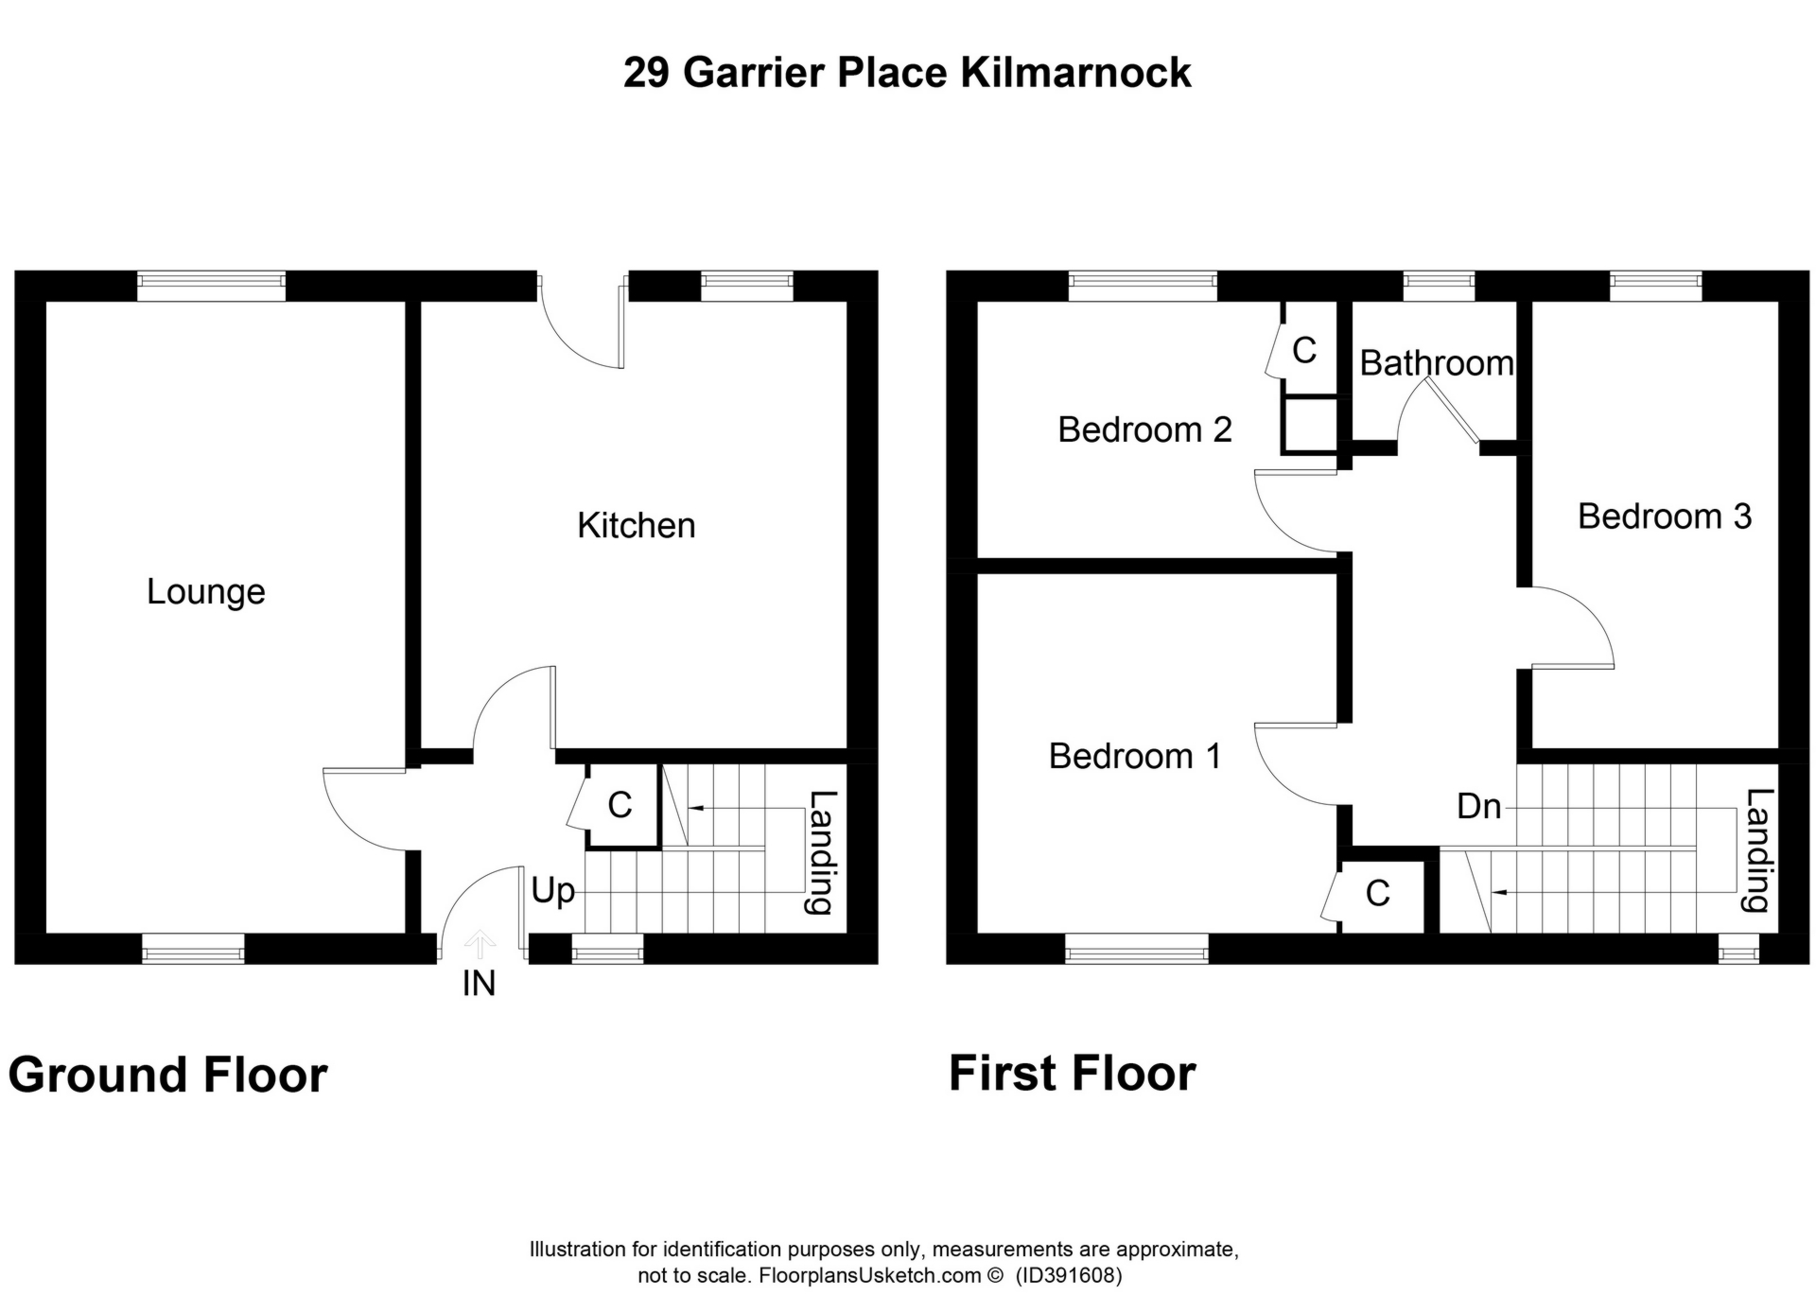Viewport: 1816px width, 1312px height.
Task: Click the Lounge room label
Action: pyautogui.click(x=205, y=592)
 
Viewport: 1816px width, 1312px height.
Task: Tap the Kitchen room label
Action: pyautogui.click(x=636, y=525)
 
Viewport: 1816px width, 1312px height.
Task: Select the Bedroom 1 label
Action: pyautogui.click(x=1134, y=756)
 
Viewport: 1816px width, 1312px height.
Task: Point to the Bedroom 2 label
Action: pyautogui.click(x=1144, y=429)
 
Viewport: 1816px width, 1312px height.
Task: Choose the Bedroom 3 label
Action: pyautogui.click(x=1665, y=516)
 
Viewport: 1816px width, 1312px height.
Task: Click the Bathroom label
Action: pyautogui.click(x=1437, y=363)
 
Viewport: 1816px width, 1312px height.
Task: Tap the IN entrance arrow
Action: pyautogui.click(x=480, y=943)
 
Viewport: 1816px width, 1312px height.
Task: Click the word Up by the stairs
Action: pyautogui.click(x=553, y=892)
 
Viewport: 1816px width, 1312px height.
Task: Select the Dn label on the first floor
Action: pyautogui.click(x=1479, y=806)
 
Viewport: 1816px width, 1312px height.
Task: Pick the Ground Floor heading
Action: pyautogui.click(x=167, y=1075)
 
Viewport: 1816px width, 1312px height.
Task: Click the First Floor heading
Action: pyautogui.click(x=1072, y=1074)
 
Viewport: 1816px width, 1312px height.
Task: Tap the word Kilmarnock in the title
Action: pyautogui.click(x=1076, y=73)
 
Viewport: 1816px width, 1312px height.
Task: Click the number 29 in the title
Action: pyautogui.click(x=647, y=73)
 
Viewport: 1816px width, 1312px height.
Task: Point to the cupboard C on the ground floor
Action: pyautogui.click(x=620, y=805)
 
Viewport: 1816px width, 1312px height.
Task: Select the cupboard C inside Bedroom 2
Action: pyautogui.click(x=1304, y=351)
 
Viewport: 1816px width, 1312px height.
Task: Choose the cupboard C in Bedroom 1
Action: pyautogui.click(x=1378, y=893)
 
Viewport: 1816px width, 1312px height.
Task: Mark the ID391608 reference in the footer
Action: pyautogui.click(x=1069, y=1275)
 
